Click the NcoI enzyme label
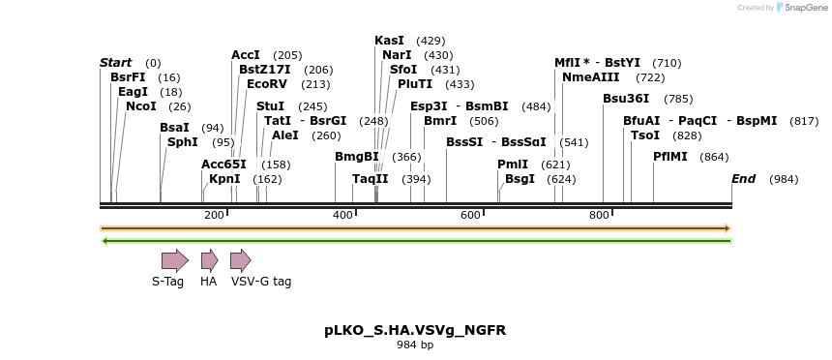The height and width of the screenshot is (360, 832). pyautogui.click(x=140, y=105)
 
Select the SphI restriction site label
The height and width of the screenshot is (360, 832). pyautogui.click(x=182, y=141)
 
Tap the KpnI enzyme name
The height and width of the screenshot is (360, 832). pyautogui.click(x=224, y=178)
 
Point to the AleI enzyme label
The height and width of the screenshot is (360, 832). pyautogui.click(x=285, y=135)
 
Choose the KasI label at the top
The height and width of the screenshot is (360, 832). pyautogui.click(x=389, y=41)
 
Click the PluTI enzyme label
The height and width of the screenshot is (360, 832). pyautogui.click(x=415, y=84)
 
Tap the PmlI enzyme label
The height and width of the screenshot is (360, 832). pyautogui.click(x=513, y=165)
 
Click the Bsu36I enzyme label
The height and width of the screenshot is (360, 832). pyautogui.click(x=626, y=99)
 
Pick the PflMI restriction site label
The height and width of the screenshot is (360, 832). pyautogui.click(x=669, y=157)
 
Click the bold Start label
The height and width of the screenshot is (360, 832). pyautogui.click(x=115, y=63)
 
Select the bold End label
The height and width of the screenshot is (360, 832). pyautogui.click(x=743, y=179)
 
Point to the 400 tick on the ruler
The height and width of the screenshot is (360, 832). pyautogui.click(x=342, y=215)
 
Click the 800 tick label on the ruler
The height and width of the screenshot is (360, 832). pyautogui.click(x=599, y=215)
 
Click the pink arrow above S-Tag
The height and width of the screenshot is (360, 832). pyautogui.click(x=174, y=259)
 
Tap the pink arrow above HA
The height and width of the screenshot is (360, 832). pyautogui.click(x=209, y=259)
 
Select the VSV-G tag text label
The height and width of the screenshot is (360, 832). pyautogui.click(x=260, y=282)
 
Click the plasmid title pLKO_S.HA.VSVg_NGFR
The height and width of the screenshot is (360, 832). pyautogui.click(x=414, y=330)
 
